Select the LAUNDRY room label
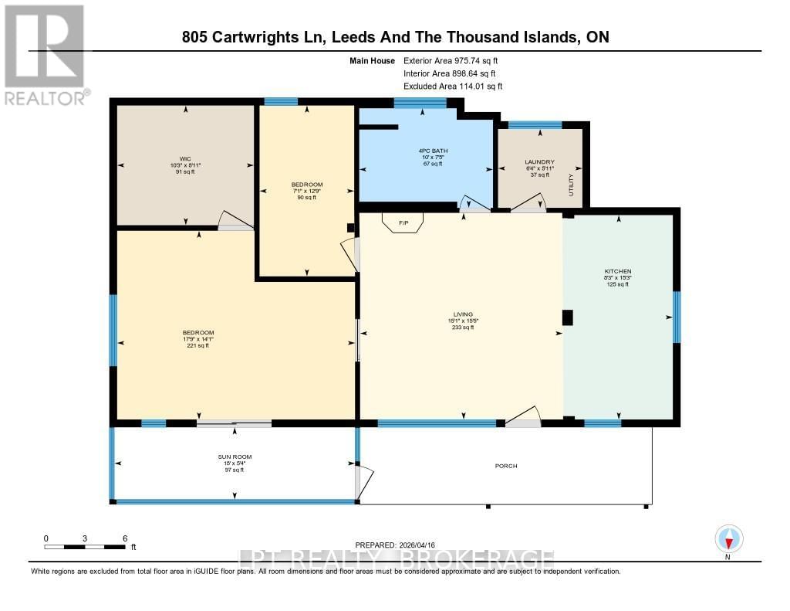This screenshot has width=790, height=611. pyautogui.click(x=539, y=162)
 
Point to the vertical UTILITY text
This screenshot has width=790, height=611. pyautogui.click(x=572, y=185)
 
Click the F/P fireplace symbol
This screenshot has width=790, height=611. pyautogui.click(x=403, y=223)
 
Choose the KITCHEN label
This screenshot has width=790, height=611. pyautogui.click(x=617, y=272)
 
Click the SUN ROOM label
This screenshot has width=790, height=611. pyautogui.click(x=235, y=457)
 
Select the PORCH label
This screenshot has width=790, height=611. pyautogui.click(x=506, y=466)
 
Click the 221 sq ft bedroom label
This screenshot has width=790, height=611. pyautogui.click(x=198, y=333)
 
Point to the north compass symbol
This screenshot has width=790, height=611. pyautogui.click(x=728, y=538)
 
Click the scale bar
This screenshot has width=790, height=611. pyautogui.click(x=85, y=547)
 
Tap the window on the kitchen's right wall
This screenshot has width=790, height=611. pyautogui.click(x=677, y=317)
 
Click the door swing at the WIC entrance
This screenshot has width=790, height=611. pyautogui.click(x=235, y=221)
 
